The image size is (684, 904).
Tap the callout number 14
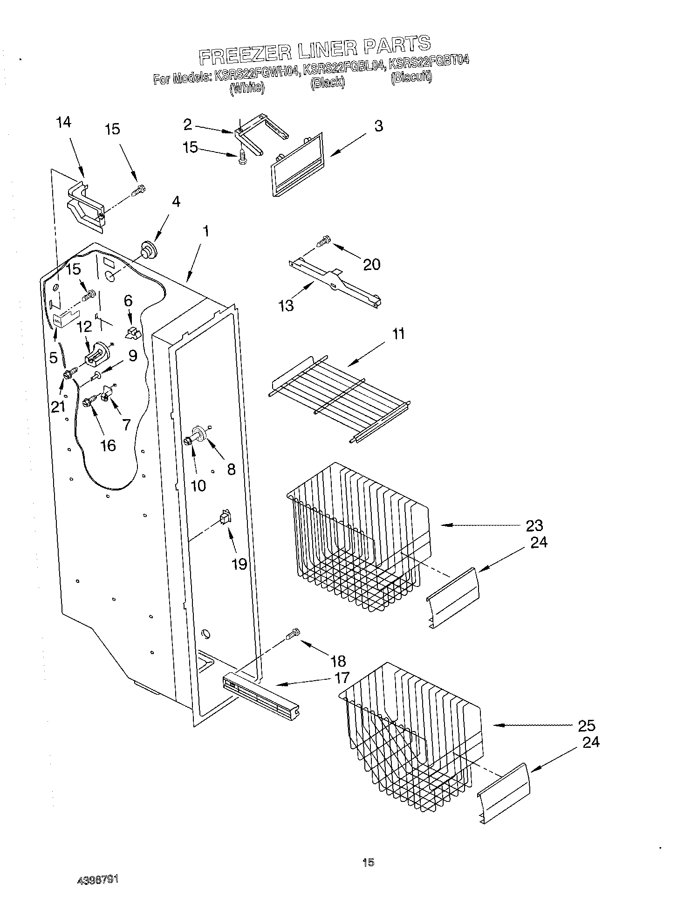tap(63, 123)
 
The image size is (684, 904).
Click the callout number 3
tap(378, 126)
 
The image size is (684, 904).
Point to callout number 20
tap(371, 264)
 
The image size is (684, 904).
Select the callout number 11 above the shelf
tap(398, 334)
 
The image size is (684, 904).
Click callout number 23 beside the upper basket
tap(534, 525)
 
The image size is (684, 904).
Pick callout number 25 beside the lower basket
tap(586, 725)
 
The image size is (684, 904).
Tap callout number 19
tap(239, 564)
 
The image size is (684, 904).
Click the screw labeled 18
tap(293, 634)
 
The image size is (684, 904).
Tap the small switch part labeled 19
tap(225, 518)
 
